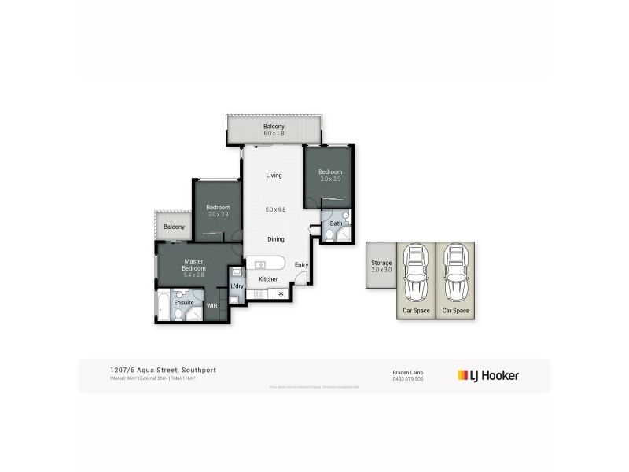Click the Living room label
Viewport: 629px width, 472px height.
click(x=274, y=175)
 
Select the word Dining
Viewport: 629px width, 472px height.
click(x=275, y=239)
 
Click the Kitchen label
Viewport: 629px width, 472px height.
click(x=269, y=279)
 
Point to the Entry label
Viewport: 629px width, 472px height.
click(x=301, y=265)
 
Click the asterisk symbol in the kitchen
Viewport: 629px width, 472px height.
click(x=280, y=294)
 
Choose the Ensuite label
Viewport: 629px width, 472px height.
click(x=184, y=302)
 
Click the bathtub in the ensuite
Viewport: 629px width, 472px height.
click(x=163, y=307)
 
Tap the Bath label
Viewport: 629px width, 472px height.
click(x=336, y=223)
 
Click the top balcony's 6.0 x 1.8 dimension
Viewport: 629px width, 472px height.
click(x=274, y=134)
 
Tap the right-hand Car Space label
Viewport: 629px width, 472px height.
click(x=455, y=311)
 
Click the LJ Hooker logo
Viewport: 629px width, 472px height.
click(x=488, y=375)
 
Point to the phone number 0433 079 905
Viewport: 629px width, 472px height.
click(x=408, y=378)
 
